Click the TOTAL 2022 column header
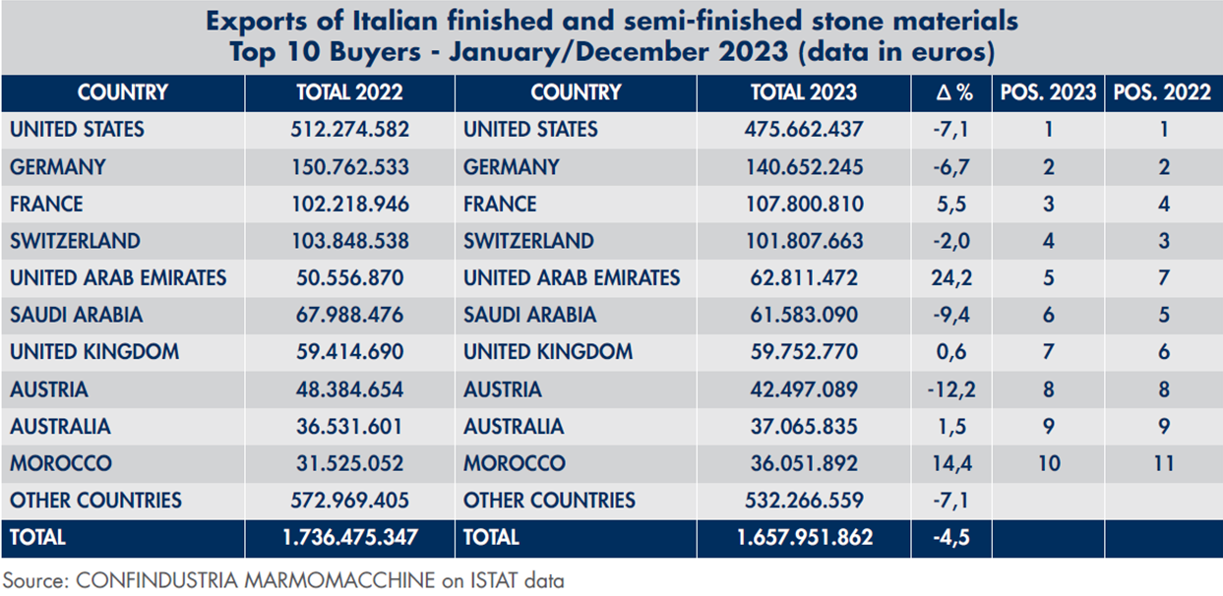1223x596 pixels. coord(349,93)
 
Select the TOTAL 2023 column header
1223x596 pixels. coord(804,93)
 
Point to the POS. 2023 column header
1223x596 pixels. coord(1048,93)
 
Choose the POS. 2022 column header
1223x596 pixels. coord(1163,93)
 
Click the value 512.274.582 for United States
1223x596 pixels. coord(349,130)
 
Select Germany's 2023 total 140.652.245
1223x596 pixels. coord(804,167)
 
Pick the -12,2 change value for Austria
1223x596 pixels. coord(951,389)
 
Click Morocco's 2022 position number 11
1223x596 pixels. coord(1164,463)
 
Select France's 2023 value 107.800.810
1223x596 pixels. coord(804,205)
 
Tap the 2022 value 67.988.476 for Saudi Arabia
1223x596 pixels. coord(349,316)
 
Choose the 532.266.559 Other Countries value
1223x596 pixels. coord(804,501)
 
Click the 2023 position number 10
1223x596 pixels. coord(1049,463)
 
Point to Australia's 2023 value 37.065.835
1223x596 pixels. coord(804,427)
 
